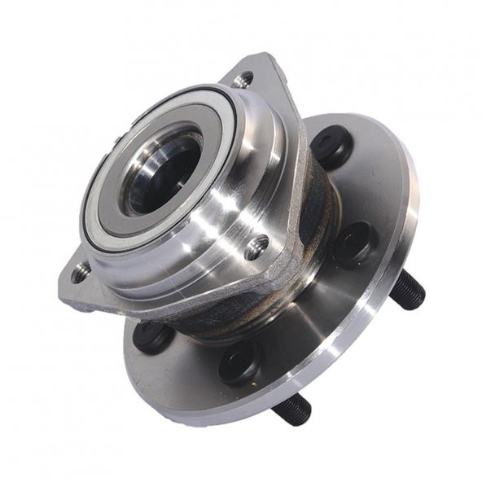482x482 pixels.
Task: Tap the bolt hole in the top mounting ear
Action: click(243, 80)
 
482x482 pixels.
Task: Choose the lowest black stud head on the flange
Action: click(241, 361)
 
